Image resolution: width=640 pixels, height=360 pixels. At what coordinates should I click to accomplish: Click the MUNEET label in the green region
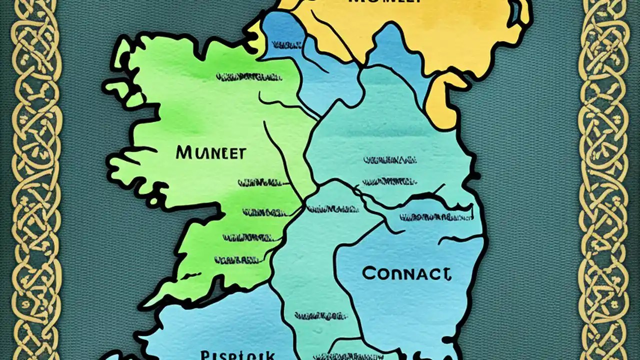(x=210, y=152)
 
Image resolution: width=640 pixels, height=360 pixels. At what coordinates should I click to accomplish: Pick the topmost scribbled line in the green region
(x=248, y=77)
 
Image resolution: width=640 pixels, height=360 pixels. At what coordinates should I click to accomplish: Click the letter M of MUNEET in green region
(x=182, y=152)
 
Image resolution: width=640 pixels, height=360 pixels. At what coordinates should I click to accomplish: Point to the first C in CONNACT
(x=368, y=273)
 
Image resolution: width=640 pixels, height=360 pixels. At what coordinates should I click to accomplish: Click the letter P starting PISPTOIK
(x=204, y=355)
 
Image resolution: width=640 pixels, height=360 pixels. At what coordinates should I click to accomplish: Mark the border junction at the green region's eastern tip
(x=304, y=204)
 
